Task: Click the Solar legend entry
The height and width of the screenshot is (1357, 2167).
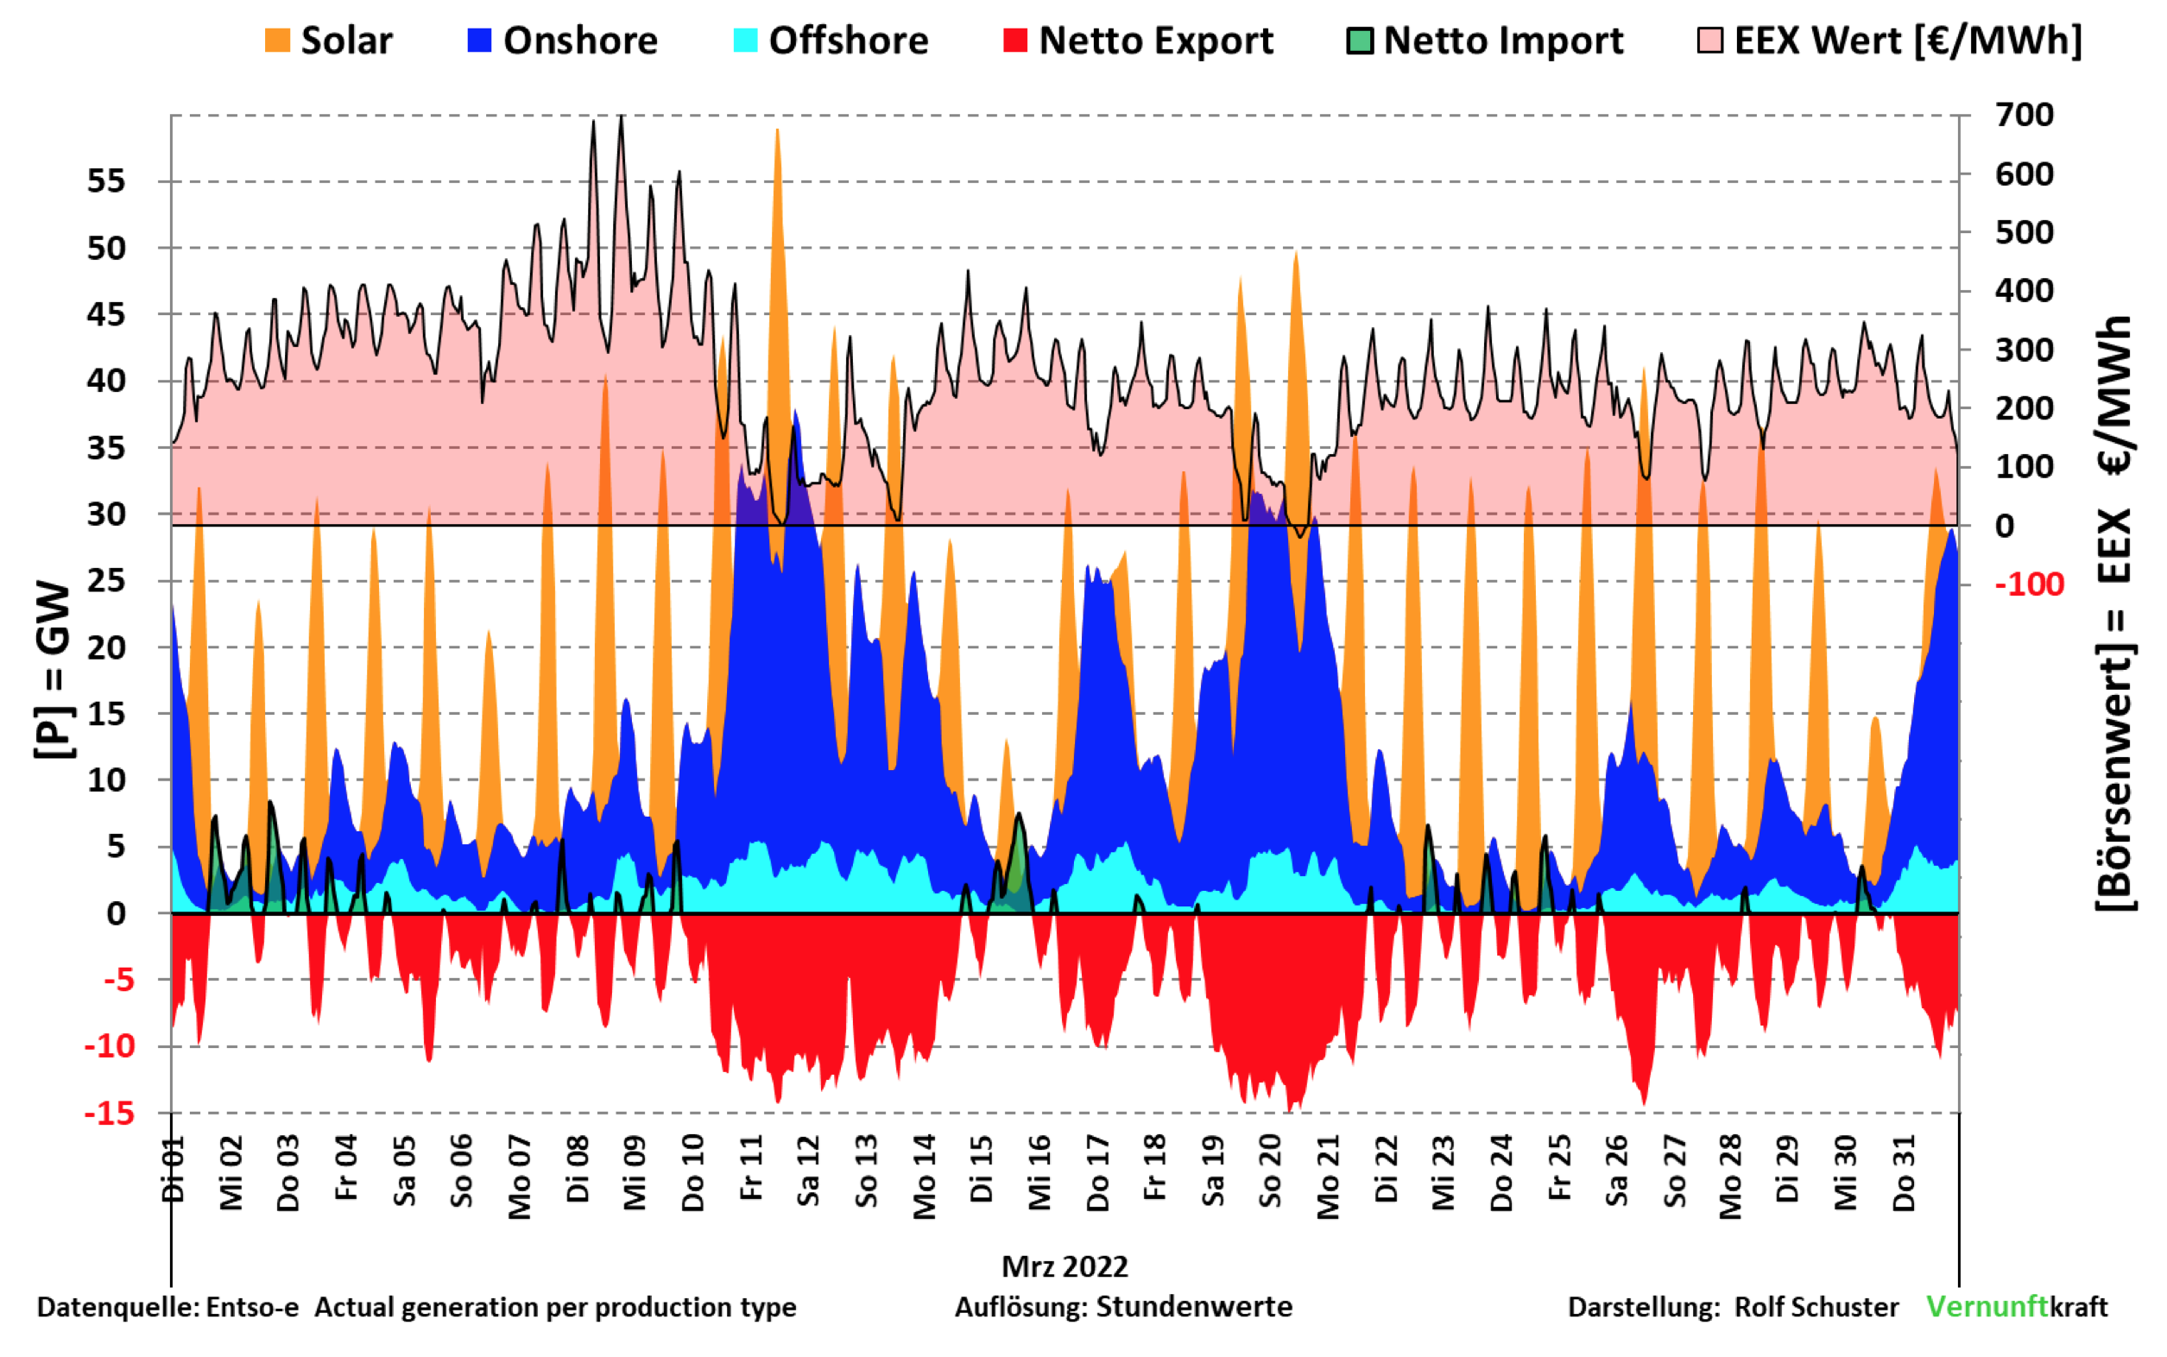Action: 329,41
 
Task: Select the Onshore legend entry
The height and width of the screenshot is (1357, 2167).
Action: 563,41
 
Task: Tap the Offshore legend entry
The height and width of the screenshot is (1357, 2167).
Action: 831,41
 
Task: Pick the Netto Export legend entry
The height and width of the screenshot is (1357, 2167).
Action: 1137,41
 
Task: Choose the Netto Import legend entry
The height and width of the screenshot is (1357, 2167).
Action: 1485,41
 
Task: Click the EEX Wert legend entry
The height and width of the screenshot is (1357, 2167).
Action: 1889,41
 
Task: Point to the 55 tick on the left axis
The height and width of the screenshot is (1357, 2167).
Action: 106,181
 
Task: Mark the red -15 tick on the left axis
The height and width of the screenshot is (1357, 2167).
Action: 109,1114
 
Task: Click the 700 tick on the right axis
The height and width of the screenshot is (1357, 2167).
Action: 2024,115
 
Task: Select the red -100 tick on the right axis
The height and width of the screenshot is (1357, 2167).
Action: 2029,584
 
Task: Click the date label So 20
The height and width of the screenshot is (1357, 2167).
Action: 1270,1171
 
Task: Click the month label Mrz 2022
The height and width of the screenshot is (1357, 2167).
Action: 1065,1266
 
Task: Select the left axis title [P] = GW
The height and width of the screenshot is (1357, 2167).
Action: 54,670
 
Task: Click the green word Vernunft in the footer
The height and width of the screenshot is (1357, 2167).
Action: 1986,1307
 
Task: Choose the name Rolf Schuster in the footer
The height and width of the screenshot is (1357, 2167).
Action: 1816,1307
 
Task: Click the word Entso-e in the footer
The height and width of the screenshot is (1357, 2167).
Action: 252,1307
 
